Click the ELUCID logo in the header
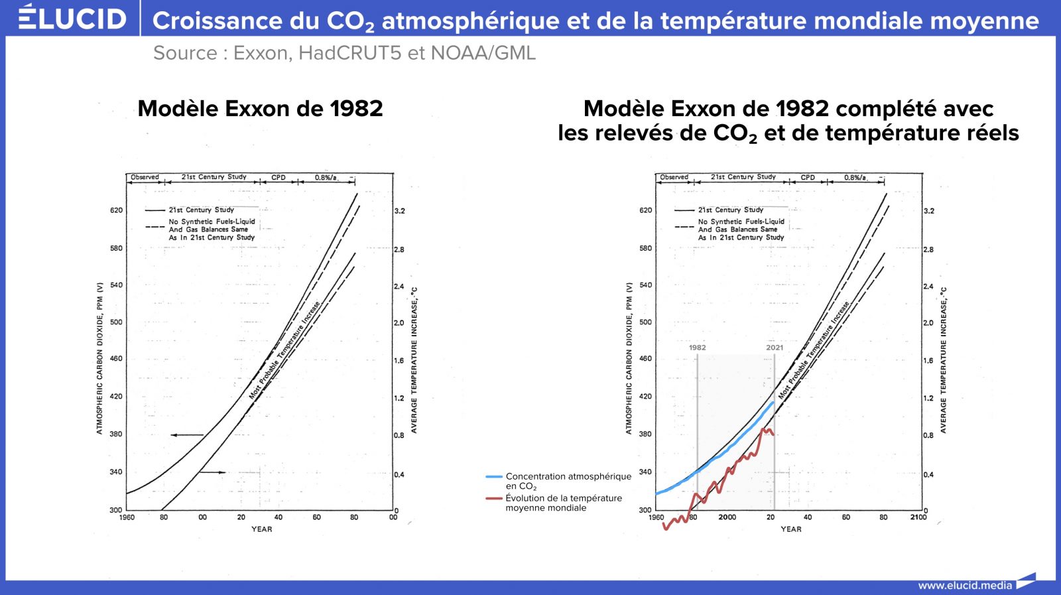pos(72,18)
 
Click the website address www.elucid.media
pos(965,585)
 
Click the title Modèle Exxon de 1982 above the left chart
pos(260,109)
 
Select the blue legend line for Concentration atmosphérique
pos(494,476)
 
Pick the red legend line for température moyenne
pos(494,498)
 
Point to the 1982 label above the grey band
pos(697,348)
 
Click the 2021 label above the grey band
pos(775,348)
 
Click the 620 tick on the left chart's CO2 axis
pos(116,210)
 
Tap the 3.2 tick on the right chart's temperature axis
pos(929,211)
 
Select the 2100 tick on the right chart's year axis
pos(918,517)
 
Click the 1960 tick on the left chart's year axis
pos(127,517)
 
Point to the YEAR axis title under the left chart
pos(261,529)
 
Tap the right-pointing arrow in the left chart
pos(213,472)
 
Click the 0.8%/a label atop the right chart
pos(855,177)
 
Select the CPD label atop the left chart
pos(279,177)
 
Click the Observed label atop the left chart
pos(145,177)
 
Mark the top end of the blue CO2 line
pos(773,402)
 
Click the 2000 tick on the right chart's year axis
pos(727,517)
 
